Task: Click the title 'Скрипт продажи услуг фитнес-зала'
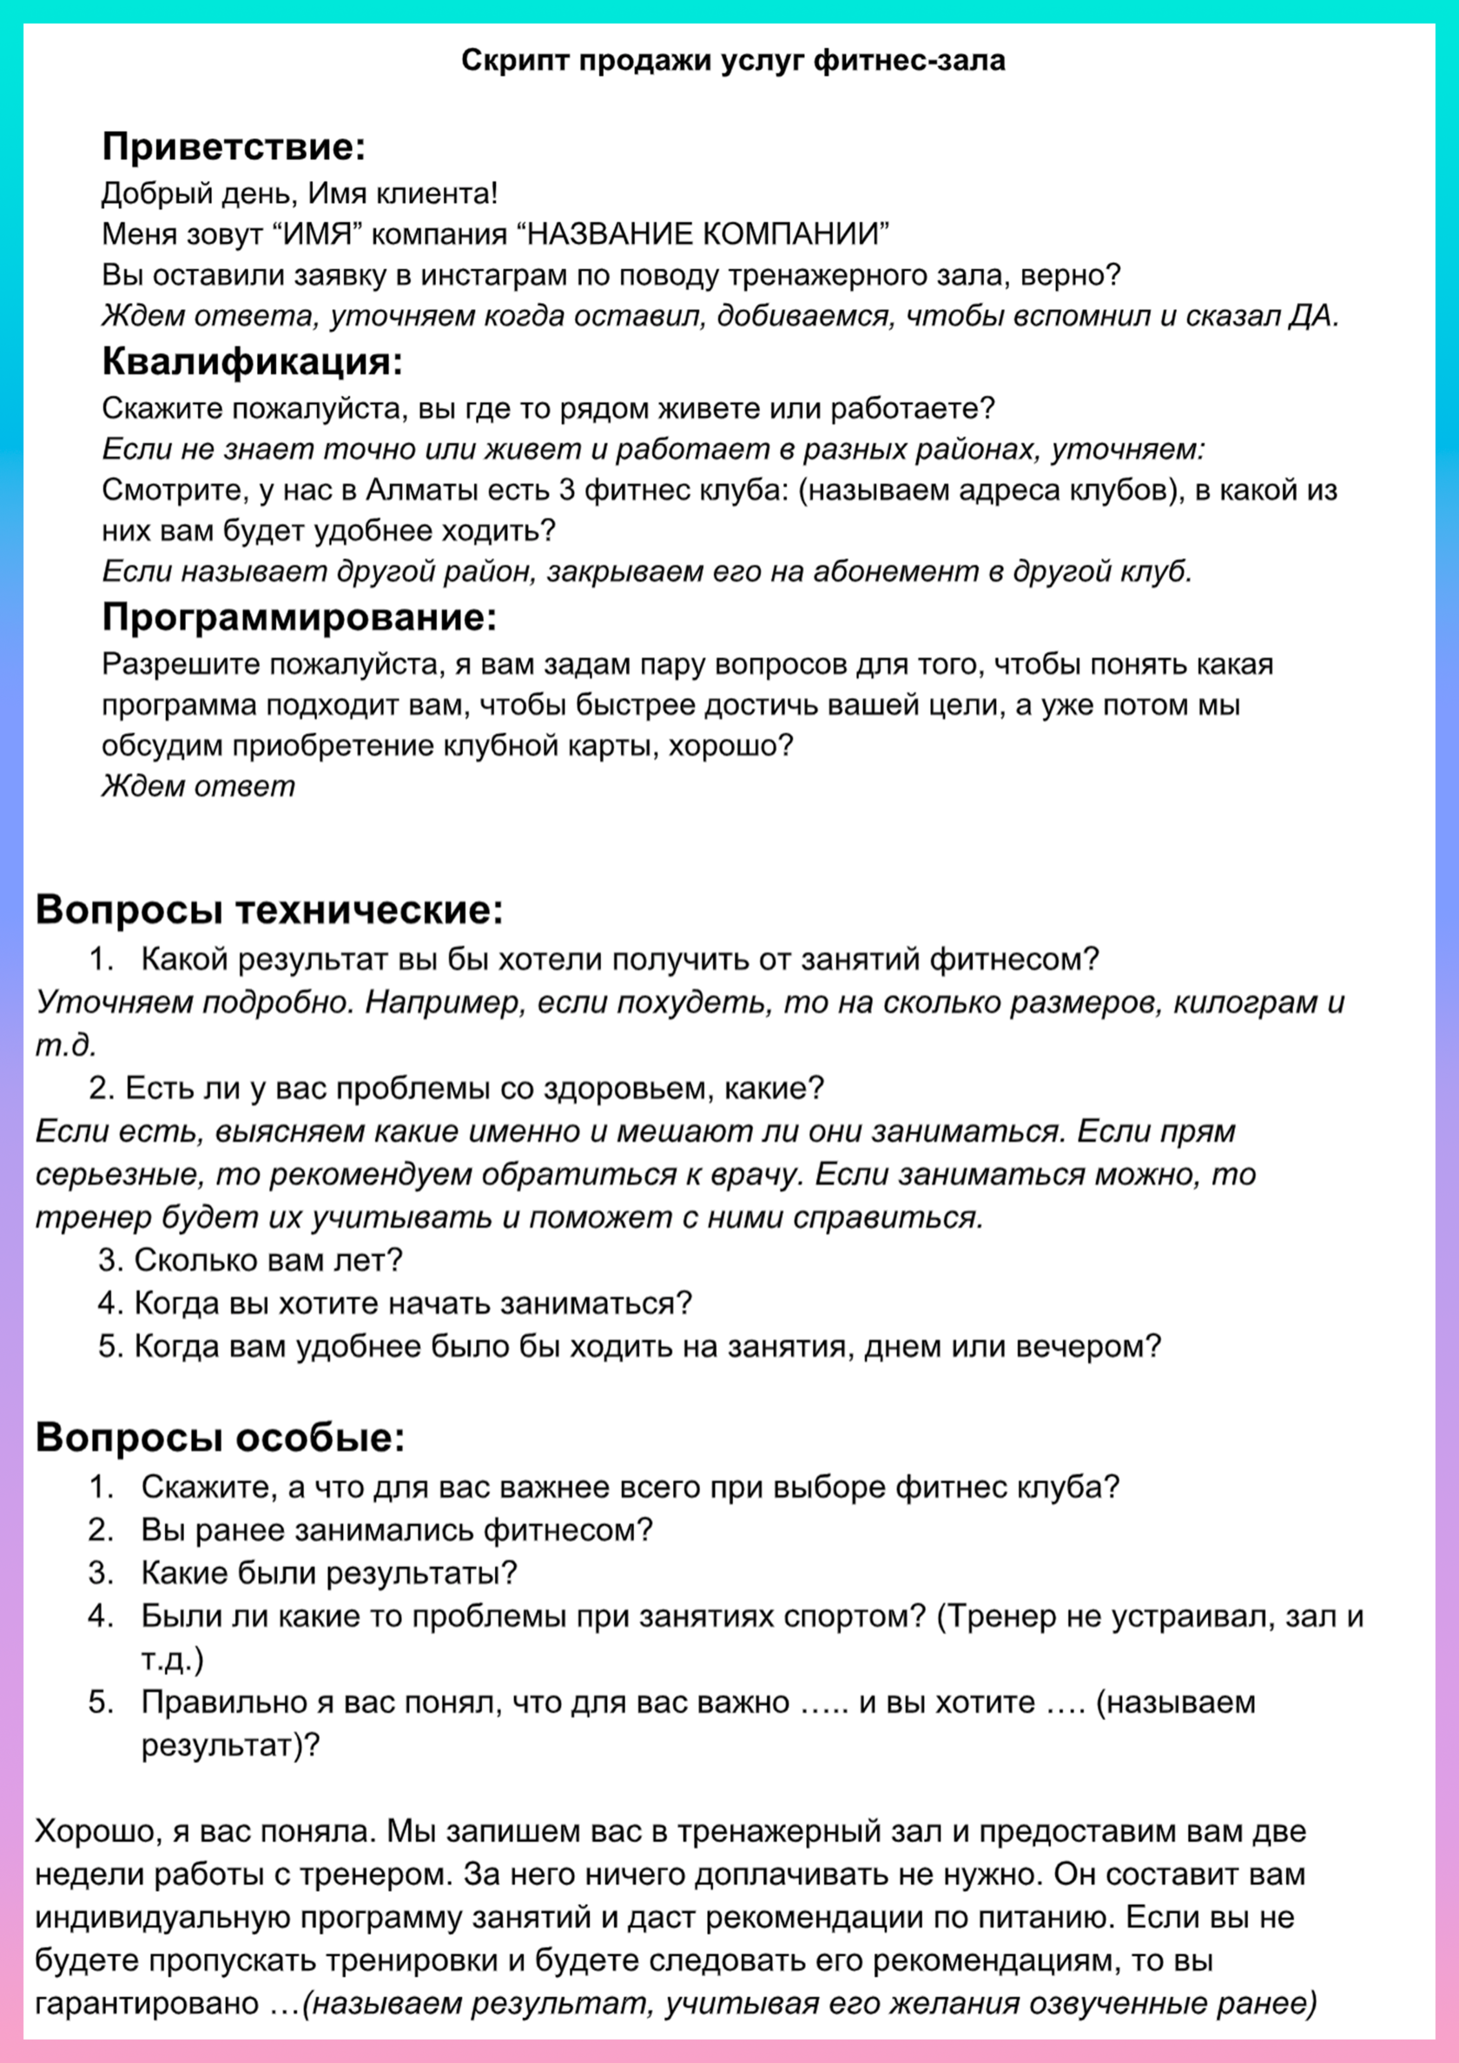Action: tap(733, 61)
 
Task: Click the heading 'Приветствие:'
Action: tap(234, 147)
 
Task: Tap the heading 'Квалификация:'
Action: tap(252, 361)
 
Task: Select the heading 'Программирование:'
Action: tap(299, 617)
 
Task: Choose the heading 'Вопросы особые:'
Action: tap(221, 1437)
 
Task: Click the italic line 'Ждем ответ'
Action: tap(198, 786)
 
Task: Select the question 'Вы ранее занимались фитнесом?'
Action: tap(396, 1529)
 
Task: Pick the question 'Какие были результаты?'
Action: tap(329, 1572)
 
